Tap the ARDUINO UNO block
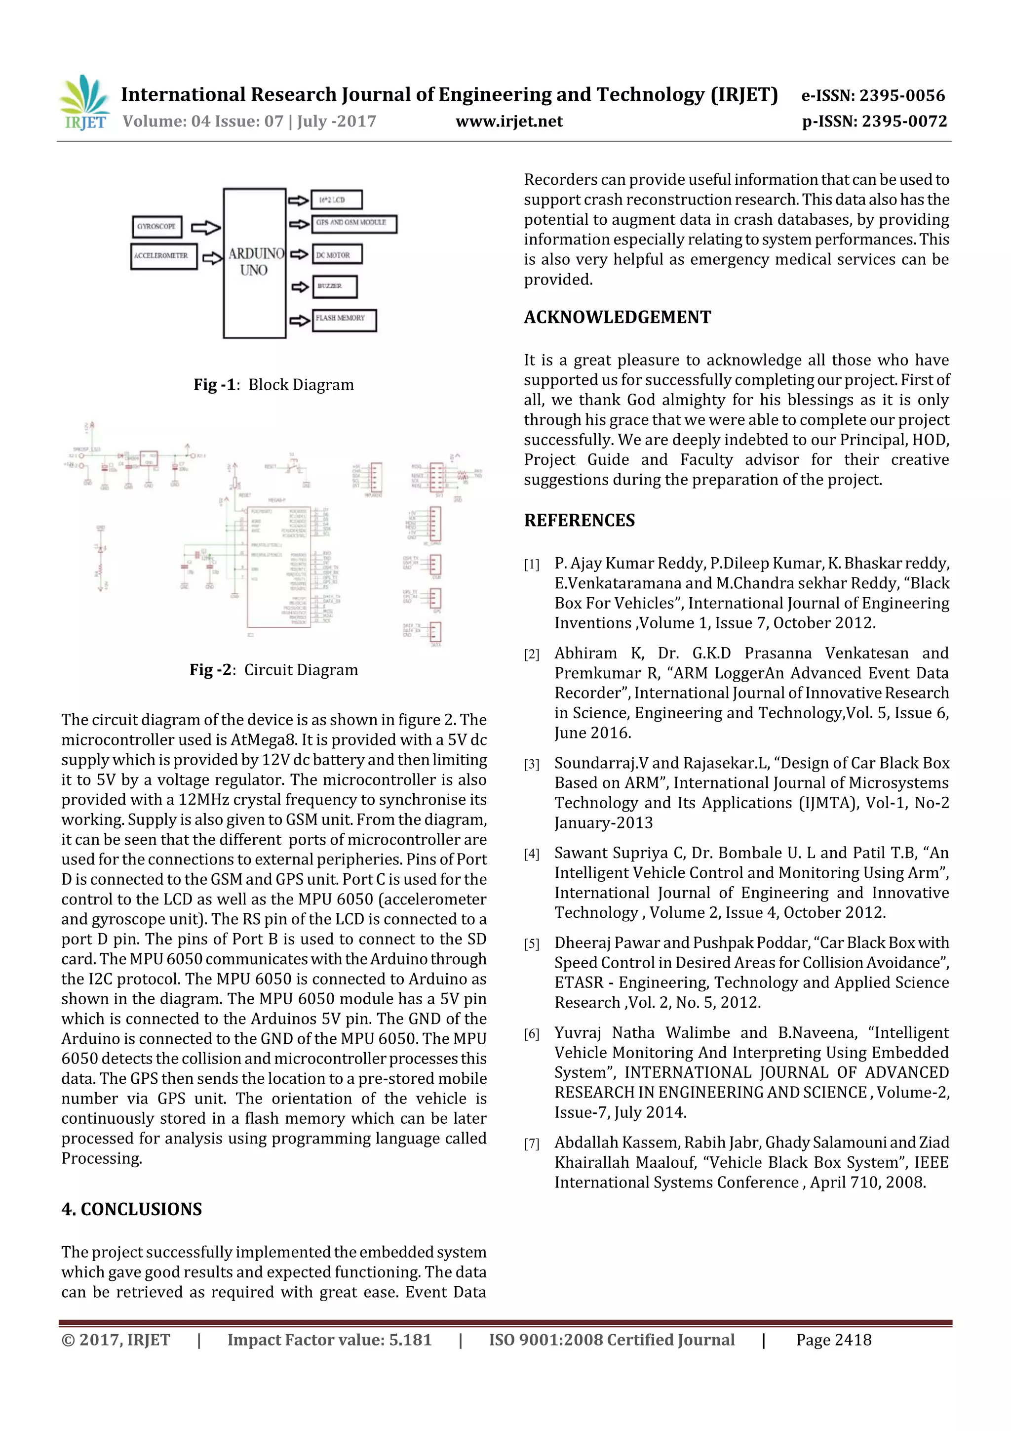tap(254, 263)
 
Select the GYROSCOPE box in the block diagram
tap(157, 226)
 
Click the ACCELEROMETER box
tap(163, 256)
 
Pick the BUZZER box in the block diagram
tap(335, 286)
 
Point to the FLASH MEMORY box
tap(344, 320)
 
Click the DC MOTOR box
tap(336, 254)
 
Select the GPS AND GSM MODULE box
tap(353, 223)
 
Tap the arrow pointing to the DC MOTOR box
tap(299, 254)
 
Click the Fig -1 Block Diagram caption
tap(273, 385)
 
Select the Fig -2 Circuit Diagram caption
tap(273, 670)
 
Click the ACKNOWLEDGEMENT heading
tap(617, 317)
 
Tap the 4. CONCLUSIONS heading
tap(131, 1209)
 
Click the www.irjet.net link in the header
tap(509, 122)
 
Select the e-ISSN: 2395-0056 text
tap(873, 95)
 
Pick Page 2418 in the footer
tap(833, 1340)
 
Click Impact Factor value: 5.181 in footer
tap(329, 1340)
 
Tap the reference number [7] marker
tap(531, 1144)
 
